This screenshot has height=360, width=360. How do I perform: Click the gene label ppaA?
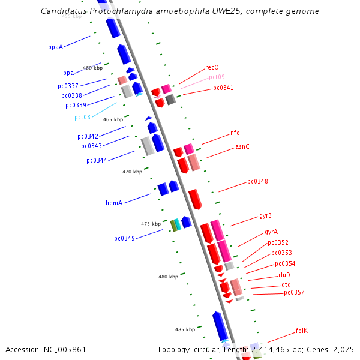(55, 47)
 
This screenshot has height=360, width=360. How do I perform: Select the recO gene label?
(212, 68)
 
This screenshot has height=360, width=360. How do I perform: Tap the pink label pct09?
(217, 77)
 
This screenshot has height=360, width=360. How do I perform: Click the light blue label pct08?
(82, 118)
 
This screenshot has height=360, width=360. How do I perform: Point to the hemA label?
(114, 203)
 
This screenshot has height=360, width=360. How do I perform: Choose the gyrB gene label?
(265, 215)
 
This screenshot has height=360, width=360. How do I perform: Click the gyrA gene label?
(271, 232)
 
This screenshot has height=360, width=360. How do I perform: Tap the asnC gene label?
(242, 146)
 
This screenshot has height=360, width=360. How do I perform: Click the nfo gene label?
(235, 133)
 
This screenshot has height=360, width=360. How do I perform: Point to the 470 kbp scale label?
(132, 172)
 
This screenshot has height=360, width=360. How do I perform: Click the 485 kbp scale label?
(185, 329)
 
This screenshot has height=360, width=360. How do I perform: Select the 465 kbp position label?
(113, 120)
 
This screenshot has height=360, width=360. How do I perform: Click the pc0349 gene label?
(124, 239)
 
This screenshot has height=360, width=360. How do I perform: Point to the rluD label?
(284, 275)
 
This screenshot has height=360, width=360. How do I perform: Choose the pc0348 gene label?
(257, 182)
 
